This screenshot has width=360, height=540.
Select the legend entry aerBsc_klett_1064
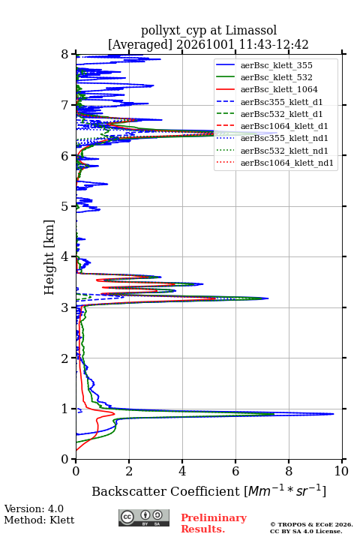267,89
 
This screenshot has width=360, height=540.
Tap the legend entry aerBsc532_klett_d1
269,114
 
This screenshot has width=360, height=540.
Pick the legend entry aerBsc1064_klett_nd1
274,163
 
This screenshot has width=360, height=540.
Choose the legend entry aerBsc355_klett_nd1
272,138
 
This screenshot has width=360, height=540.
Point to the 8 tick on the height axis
73,54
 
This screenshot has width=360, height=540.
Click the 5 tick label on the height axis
64,207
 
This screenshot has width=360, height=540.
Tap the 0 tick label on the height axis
64,460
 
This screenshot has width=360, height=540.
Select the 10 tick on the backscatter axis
342,461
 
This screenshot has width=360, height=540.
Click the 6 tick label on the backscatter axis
235,471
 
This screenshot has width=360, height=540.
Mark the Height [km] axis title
49,257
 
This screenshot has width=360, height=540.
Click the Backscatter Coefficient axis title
208,490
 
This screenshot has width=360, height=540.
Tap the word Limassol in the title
250,30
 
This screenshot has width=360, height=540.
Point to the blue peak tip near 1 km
334,413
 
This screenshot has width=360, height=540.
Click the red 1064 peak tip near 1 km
114,412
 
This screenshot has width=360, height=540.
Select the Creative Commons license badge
144,517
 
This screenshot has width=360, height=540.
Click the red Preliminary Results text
214,523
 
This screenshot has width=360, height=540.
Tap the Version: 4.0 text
34,508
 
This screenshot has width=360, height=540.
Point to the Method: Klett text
39,520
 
